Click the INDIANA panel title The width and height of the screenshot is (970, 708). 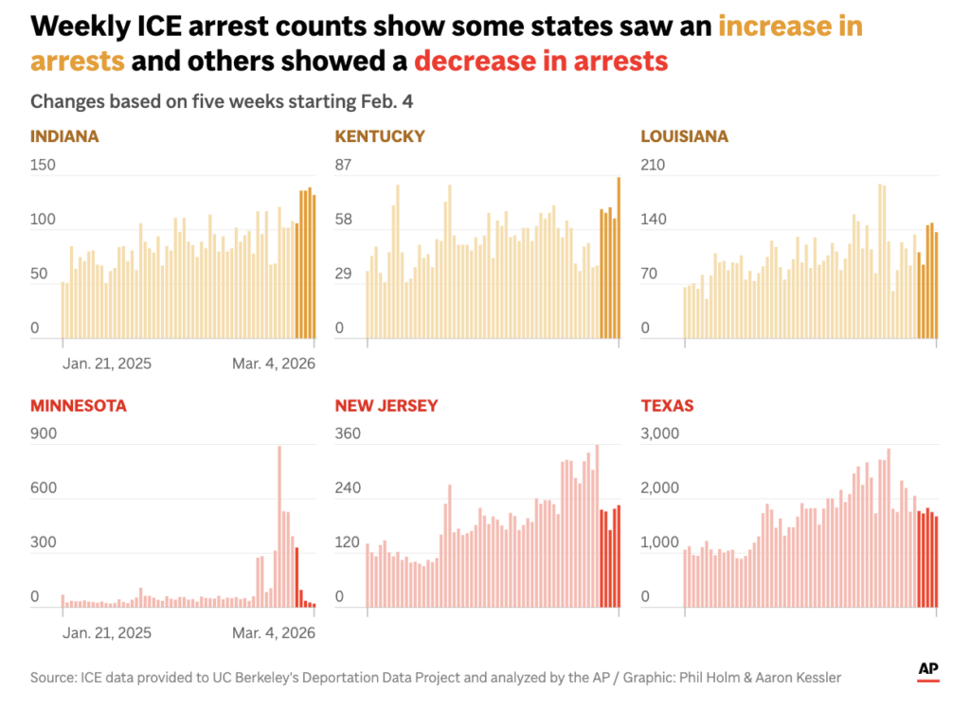tap(64, 136)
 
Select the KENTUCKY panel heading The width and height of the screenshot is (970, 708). tap(380, 136)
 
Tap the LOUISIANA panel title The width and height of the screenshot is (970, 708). tap(685, 136)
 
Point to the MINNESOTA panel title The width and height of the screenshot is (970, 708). tap(79, 406)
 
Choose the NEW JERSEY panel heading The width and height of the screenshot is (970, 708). tap(386, 406)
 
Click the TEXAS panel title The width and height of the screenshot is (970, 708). tap(668, 406)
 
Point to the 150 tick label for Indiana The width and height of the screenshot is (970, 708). tap(44, 166)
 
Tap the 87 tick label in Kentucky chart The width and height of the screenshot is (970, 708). tap(343, 166)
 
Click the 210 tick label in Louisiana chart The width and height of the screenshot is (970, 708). tap(654, 166)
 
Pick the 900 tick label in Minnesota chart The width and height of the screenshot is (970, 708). tap(44, 434)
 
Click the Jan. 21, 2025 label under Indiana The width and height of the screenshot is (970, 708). tap(107, 363)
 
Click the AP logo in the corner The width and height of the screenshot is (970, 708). tap(928, 670)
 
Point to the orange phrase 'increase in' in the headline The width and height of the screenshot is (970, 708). tap(790, 26)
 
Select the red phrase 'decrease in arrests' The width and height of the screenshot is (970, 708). tap(541, 62)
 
